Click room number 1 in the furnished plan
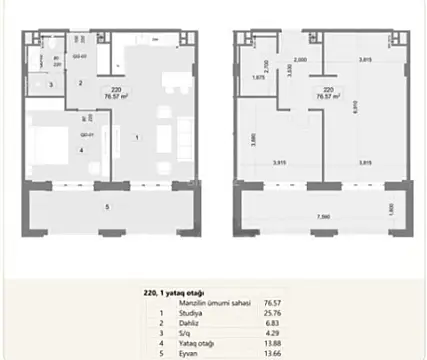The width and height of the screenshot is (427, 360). click(138, 136)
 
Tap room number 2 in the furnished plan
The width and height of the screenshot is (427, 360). click(81, 82)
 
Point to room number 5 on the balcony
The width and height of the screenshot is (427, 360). click(109, 207)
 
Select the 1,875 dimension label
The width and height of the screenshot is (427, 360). click(258, 77)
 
